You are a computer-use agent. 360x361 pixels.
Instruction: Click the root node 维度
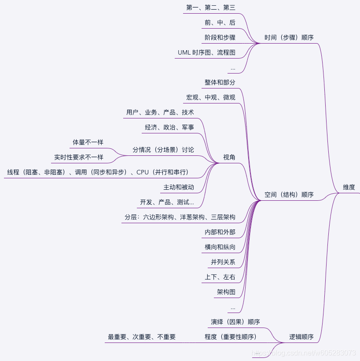(349, 187)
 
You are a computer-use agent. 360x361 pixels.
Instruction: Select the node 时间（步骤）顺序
(289, 37)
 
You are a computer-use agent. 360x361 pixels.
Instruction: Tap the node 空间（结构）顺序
(289, 195)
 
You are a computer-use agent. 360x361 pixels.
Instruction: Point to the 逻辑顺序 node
(301, 337)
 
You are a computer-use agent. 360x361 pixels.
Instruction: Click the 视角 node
(229, 157)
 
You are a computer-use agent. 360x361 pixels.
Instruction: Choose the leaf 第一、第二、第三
(210, 7)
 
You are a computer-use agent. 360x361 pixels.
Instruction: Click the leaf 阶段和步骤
(220, 37)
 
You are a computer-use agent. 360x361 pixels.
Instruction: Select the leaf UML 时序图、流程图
(206, 52)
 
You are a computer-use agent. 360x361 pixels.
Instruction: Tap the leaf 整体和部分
(220, 82)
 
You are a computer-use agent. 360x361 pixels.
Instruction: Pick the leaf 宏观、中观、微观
(210, 97)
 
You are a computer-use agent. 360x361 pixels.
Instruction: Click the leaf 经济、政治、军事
(169, 127)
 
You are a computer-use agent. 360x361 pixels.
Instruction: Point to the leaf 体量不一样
(88, 142)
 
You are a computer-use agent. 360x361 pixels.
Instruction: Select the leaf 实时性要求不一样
(78, 157)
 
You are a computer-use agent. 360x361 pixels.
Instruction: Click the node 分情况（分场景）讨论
(163, 150)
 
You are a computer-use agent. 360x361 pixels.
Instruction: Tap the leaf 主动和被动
(178, 187)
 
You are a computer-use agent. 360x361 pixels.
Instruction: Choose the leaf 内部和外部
(220, 232)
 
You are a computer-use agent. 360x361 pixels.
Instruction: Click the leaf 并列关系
(223, 262)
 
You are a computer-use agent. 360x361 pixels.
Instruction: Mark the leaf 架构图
(226, 292)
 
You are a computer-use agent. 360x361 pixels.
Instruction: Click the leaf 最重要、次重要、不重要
(142, 337)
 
